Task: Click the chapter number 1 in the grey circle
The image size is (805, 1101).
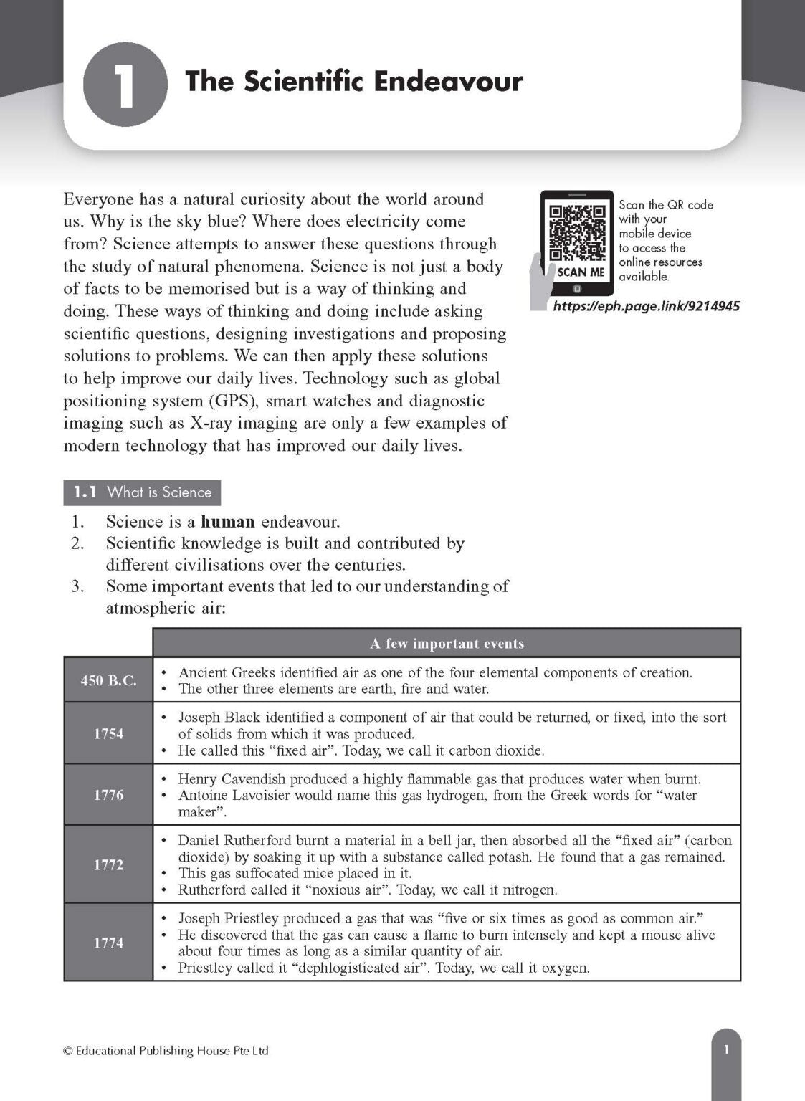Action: point(125,85)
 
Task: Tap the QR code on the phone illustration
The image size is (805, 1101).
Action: point(576,233)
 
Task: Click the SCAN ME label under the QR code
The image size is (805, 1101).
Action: point(581,272)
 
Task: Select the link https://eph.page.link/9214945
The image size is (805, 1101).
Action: point(646,306)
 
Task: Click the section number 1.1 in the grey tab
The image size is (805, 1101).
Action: point(85,492)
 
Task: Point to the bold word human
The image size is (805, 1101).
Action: point(227,522)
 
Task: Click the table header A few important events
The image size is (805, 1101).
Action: point(447,644)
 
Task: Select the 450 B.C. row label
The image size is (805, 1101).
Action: point(108,680)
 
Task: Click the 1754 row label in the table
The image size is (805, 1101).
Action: point(108,733)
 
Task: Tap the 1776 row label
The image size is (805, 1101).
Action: point(108,795)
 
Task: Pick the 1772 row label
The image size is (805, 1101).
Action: point(108,864)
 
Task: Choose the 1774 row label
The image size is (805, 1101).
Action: point(108,943)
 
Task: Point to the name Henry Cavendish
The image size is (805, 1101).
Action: point(227,779)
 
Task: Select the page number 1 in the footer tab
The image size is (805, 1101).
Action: point(726,1050)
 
